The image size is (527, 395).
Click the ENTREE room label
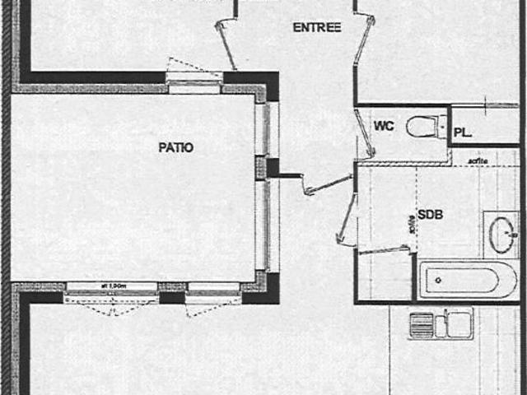point(316,27)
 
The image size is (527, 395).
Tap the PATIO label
point(175,148)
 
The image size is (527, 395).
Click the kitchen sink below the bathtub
point(441,323)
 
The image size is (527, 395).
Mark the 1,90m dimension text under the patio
point(113,286)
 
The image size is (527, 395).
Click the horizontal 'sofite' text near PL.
point(478,160)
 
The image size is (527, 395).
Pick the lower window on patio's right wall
point(262,225)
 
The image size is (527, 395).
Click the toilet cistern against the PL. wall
point(442,126)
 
